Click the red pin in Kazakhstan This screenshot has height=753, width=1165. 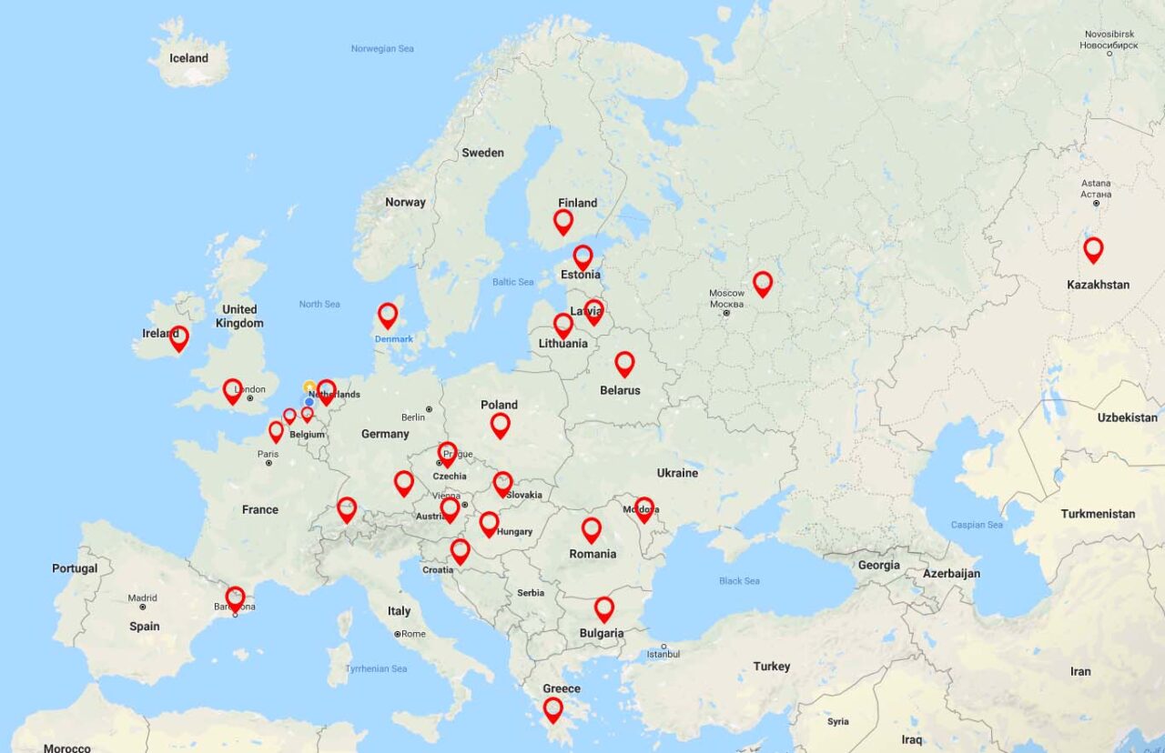pyautogui.click(x=1093, y=248)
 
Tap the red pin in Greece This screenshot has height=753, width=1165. pyautogui.click(x=553, y=708)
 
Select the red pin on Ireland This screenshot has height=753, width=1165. pyautogui.click(x=179, y=337)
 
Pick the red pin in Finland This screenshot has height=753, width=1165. pyautogui.click(x=563, y=221)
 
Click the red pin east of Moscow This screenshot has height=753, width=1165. pyautogui.click(x=763, y=283)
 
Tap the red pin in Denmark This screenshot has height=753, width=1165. pyautogui.click(x=388, y=315)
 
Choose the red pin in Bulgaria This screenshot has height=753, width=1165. pyautogui.click(x=604, y=608)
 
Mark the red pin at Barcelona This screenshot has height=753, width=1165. pyautogui.click(x=235, y=597)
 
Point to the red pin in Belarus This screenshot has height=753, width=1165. pyautogui.click(x=624, y=363)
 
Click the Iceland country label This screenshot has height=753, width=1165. pyautogui.click(x=188, y=58)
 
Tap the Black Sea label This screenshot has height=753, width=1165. pyautogui.click(x=738, y=580)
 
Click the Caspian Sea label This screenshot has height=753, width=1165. pyautogui.click(x=977, y=525)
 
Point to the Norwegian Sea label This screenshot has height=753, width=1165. pyautogui.click(x=382, y=48)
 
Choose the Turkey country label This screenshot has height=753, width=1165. pyautogui.click(x=772, y=667)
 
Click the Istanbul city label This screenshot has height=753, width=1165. pyautogui.click(x=664, y=654)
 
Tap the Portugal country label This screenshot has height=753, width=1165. pyautogui.click(x=75, y=568)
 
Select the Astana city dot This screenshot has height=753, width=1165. pyautogui.click(x=1097, y=204)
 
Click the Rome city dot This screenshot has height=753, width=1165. pyautogui.click(x=398, y=634)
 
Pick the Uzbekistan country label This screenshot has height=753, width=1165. pyautogui.click(x=1127, y=417)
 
